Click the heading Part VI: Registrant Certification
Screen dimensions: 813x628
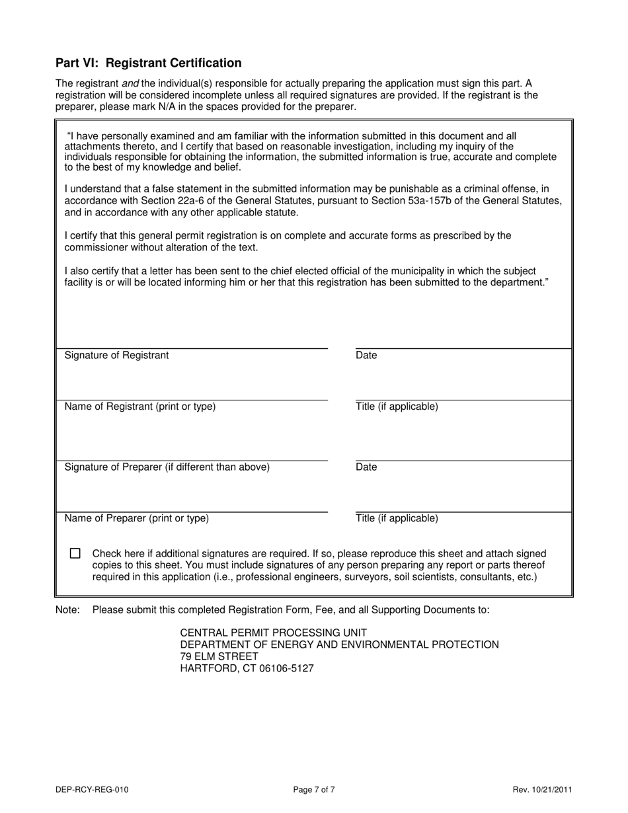click(x=148, y=63)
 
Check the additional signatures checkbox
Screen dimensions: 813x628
click(x=75, y=553)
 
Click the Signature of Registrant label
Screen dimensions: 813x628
click(x=116, y=356)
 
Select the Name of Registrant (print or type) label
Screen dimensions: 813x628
click(x=139, y=406)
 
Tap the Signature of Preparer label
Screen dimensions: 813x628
click(x=167, y=467)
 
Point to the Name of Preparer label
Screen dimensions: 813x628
click(x=136, y=518)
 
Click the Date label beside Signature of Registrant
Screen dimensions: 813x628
click(x=366, y=356)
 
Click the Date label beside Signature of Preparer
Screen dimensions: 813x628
click(x=366, y=467)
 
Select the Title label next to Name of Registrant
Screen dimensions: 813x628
click(x=397, y=406)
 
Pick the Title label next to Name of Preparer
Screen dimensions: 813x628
click(x=397, y=518)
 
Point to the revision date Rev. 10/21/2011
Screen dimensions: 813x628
click(x=542, y=789)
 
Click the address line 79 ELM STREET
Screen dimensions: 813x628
click(x=219, y=656)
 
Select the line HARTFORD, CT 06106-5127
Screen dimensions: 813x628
click(x=247, y=668)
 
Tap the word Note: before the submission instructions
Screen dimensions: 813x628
click(x=67, y=609)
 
